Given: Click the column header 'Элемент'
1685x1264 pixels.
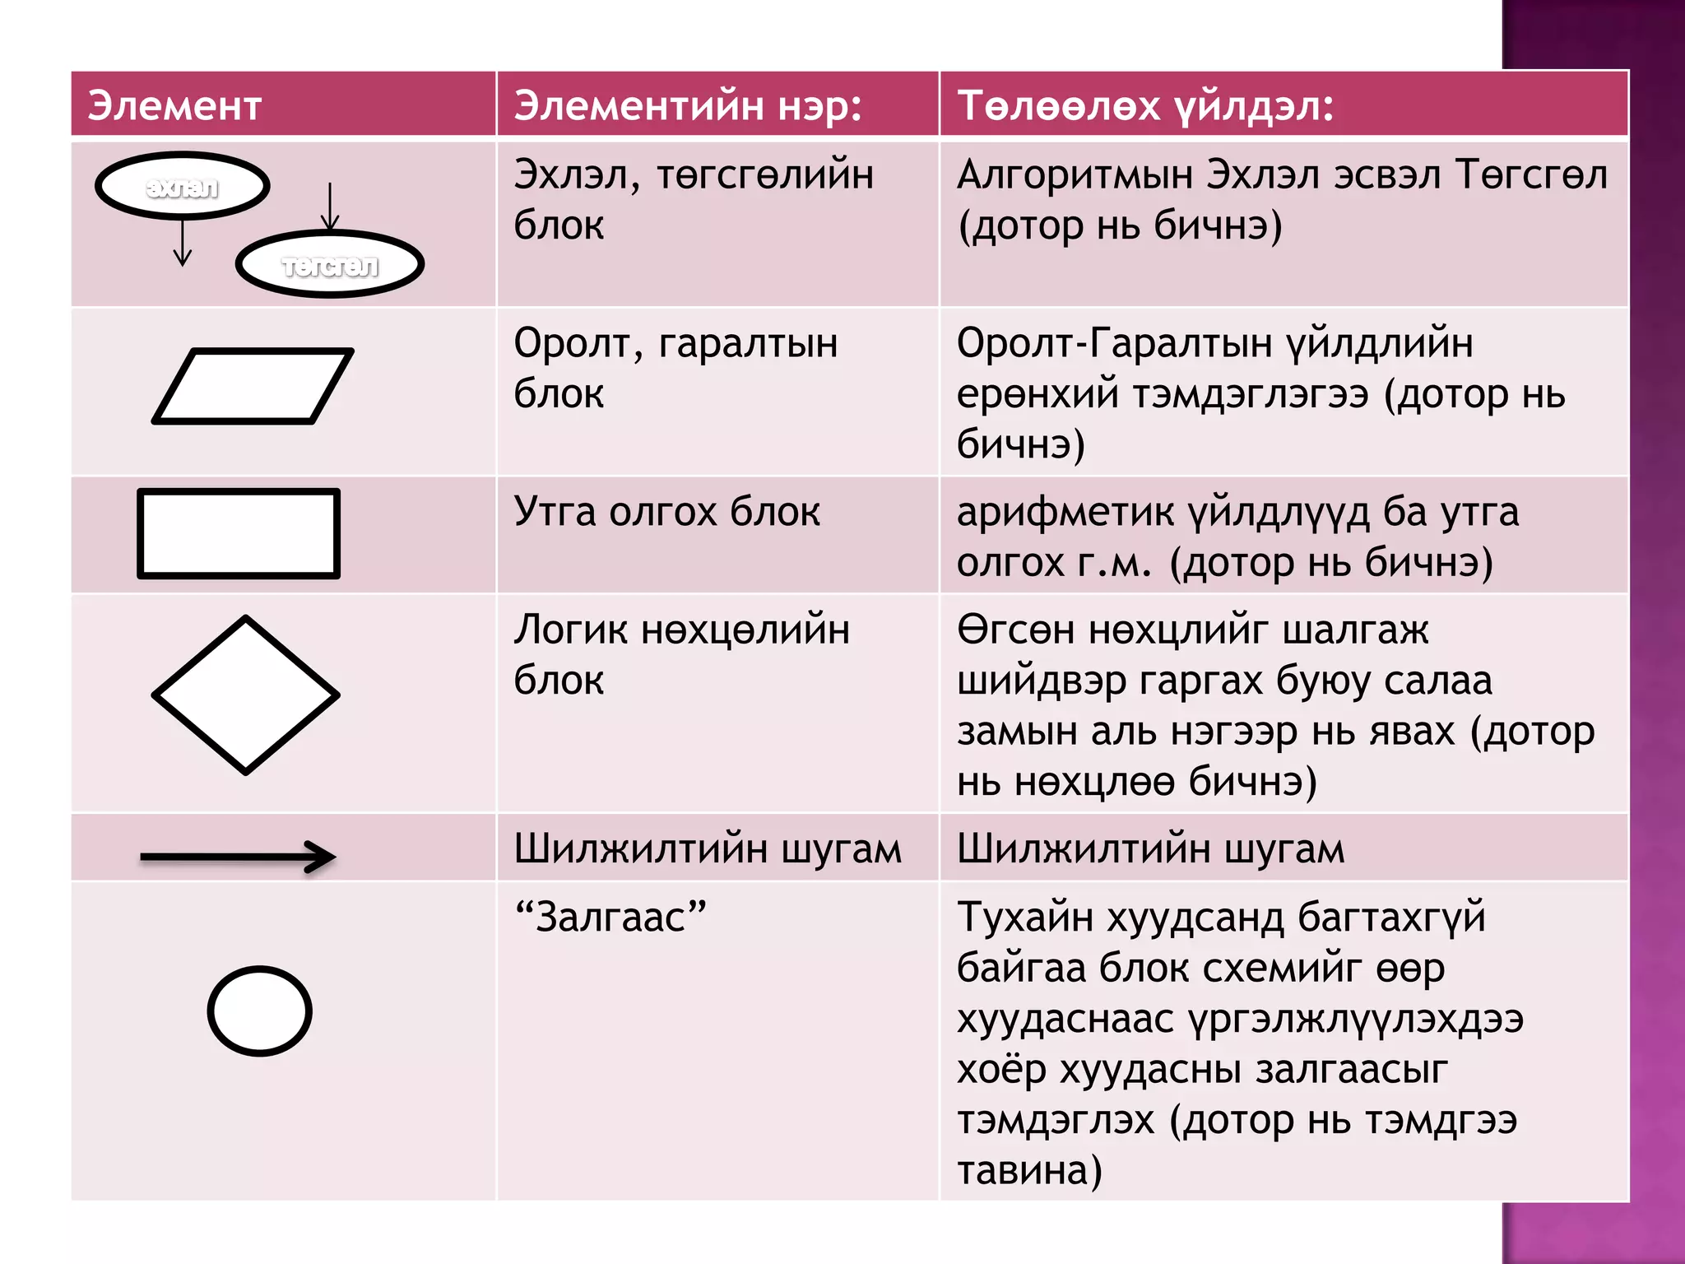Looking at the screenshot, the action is (x=174, y=106).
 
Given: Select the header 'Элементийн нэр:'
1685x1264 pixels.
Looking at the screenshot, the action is (x=688, y=106).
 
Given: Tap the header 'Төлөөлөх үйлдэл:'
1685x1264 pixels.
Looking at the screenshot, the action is (x=1145, y=106).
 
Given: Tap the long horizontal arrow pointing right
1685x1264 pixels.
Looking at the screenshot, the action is (x=239, y=857).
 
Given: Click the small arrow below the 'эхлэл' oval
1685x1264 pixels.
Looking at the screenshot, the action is (x=183, y=243).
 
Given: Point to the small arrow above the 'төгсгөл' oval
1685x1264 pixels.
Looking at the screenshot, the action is (x=330, y=207).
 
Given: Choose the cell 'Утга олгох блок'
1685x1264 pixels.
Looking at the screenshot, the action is (x=667, y=512).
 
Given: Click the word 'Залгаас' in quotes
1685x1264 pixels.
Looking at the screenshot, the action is (x=610, y=918).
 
